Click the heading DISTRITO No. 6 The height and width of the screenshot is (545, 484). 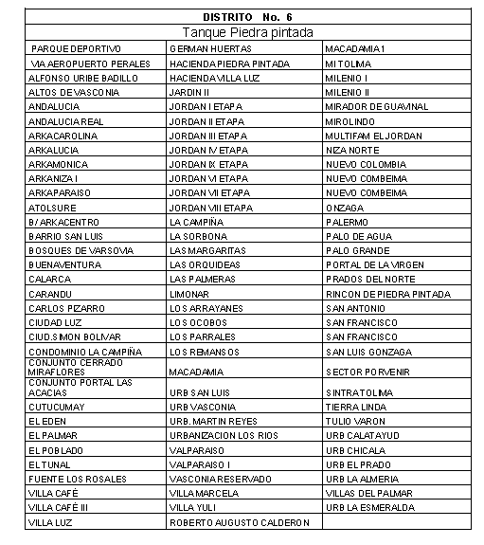(248, 17)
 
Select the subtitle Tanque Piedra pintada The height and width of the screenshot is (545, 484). (248, 32)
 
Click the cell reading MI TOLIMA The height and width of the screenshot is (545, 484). (348, 63)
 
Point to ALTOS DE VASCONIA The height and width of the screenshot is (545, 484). (75, 92)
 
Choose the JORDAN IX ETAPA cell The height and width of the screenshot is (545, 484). (208, 164)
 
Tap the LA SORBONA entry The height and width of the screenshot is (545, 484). (198, 236)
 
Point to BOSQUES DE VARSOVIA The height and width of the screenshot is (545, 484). (81, 250)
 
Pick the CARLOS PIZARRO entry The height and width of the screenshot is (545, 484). (66, 308)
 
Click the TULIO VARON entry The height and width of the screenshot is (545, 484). (356, 420)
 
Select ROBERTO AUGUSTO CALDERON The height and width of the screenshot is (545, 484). (240, 522)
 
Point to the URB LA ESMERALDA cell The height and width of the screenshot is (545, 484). (370, 507)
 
